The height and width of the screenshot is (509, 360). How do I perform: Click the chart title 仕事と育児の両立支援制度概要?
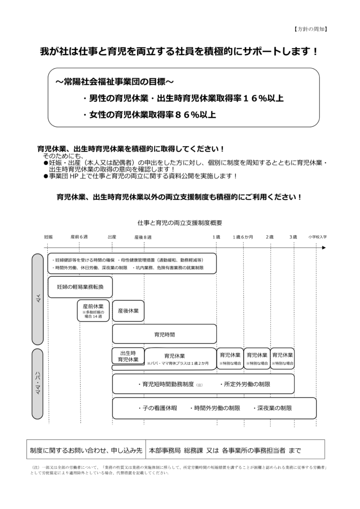coord(180,223)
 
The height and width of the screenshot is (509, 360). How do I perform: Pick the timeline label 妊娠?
coord(48,237)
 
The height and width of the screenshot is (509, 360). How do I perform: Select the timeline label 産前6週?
coord(80,237)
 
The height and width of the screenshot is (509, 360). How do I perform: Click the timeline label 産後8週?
coord(143,237)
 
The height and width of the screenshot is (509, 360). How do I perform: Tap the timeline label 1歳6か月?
coord(243,237)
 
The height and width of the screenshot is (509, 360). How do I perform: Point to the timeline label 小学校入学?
coord(317,237)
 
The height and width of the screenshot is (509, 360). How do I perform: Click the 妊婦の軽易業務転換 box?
coord(80,287)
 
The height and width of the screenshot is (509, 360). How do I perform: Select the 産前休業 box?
coord(93,311)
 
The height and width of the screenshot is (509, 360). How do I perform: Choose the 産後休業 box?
coord(128,311)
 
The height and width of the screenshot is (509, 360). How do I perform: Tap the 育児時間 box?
coord(165,334)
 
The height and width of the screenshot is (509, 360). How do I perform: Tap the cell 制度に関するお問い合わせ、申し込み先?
coord(86,450)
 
